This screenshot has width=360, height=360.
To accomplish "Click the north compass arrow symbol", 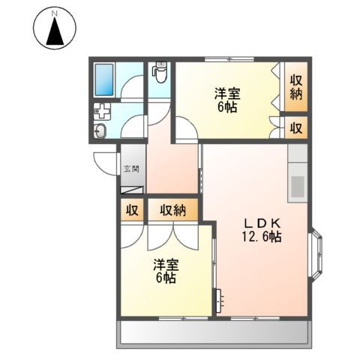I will [55, 30].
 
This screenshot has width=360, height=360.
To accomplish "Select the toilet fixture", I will [158, 73].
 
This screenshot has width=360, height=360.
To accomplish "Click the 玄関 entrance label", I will [130, 169].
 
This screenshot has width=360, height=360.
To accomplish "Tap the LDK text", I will [260, 223].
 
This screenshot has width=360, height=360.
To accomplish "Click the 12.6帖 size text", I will [260, 237].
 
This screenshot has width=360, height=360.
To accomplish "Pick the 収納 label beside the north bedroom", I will [296, 86].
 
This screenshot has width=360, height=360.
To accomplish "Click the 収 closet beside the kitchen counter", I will [296, 127].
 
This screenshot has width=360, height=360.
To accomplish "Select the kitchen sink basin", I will [297, 185].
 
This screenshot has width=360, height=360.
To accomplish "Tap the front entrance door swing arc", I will [102, 163].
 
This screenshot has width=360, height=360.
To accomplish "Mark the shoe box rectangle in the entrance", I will [132, 191].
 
